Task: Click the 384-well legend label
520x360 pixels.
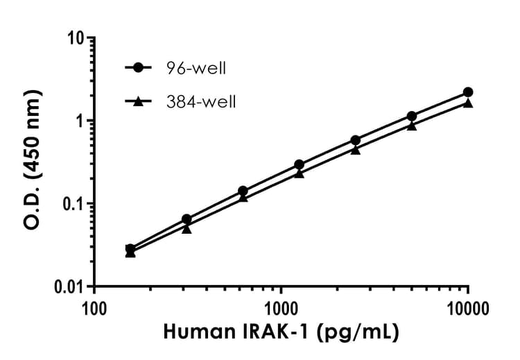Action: tap(202, 102)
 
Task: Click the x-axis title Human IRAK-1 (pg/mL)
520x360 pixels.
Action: tap(281, 332)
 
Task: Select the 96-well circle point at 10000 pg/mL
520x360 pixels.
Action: tap(468, 92)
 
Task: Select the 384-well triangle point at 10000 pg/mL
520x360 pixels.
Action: tap(468, 103)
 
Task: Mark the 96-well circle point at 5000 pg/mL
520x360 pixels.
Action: tap(412, 116)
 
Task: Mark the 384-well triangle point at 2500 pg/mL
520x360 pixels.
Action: tap(356, 149)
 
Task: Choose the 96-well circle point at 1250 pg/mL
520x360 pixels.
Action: tap(299, 165)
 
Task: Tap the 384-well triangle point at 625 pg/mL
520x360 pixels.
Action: tap(243, 198)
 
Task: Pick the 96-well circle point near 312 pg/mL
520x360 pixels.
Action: tap(187, 219)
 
